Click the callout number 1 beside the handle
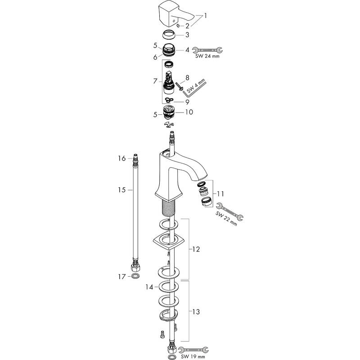[x=206, y=16]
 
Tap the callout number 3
[x=187, y=35]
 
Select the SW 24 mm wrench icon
[x=207, y=50]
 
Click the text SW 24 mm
[x=207, y=56]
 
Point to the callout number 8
[x=187, y=78]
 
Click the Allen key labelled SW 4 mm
[x=194, y=87]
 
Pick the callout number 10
[x=189, y=112]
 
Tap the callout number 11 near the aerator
[x=220, y=194]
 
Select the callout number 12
[x=196, y=249]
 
